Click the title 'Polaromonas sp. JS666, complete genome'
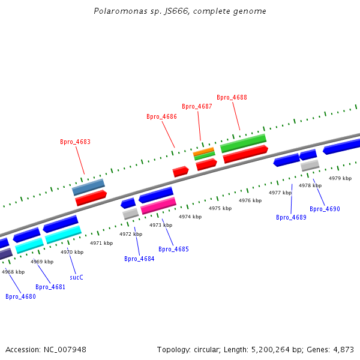(x=180, y=11)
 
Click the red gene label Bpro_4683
(x=75, y=142)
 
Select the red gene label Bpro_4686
(x=161, y=116)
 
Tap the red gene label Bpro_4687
(x=197, y=106)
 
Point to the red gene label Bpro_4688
(x=232, y=97)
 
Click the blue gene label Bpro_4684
(x=139, y=259)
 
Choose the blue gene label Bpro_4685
(x=173, y=249)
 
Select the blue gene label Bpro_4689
(x=291, y=217)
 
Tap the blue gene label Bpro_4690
(x=325, y=209)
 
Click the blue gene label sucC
(x=76, y=277)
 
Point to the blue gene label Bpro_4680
(x=20, y=296)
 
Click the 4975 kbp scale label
(x=220, y=208)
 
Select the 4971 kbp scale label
(x=101, y=243)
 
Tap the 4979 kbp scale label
(x=340, y=178)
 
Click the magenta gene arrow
(x=158, y=206)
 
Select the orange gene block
(x=203, y=151)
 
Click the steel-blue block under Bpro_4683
(x=88, y=187)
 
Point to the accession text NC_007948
(x=46, y=349)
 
